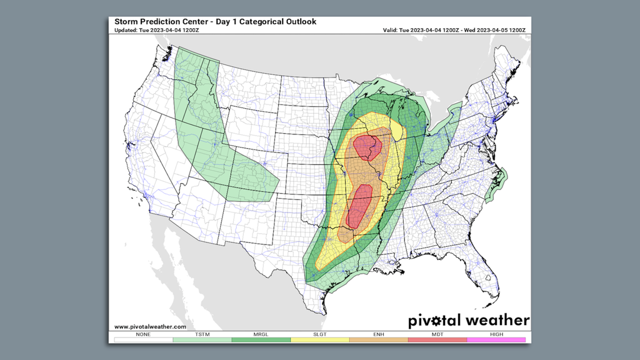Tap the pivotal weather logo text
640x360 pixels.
pos(469,321)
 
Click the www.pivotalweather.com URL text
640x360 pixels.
pos(150,326)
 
